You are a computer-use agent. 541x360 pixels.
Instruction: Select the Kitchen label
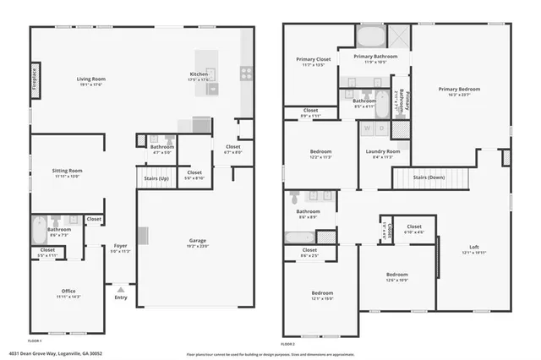point(199,74)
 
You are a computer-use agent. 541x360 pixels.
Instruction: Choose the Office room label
point(68,291)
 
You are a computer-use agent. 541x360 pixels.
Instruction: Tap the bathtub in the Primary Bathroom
point(369,37)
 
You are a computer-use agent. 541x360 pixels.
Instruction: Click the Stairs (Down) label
point(429,177)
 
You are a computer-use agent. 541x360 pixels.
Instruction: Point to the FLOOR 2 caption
point(289,344)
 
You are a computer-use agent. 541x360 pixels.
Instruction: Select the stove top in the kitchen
point(246,74)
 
